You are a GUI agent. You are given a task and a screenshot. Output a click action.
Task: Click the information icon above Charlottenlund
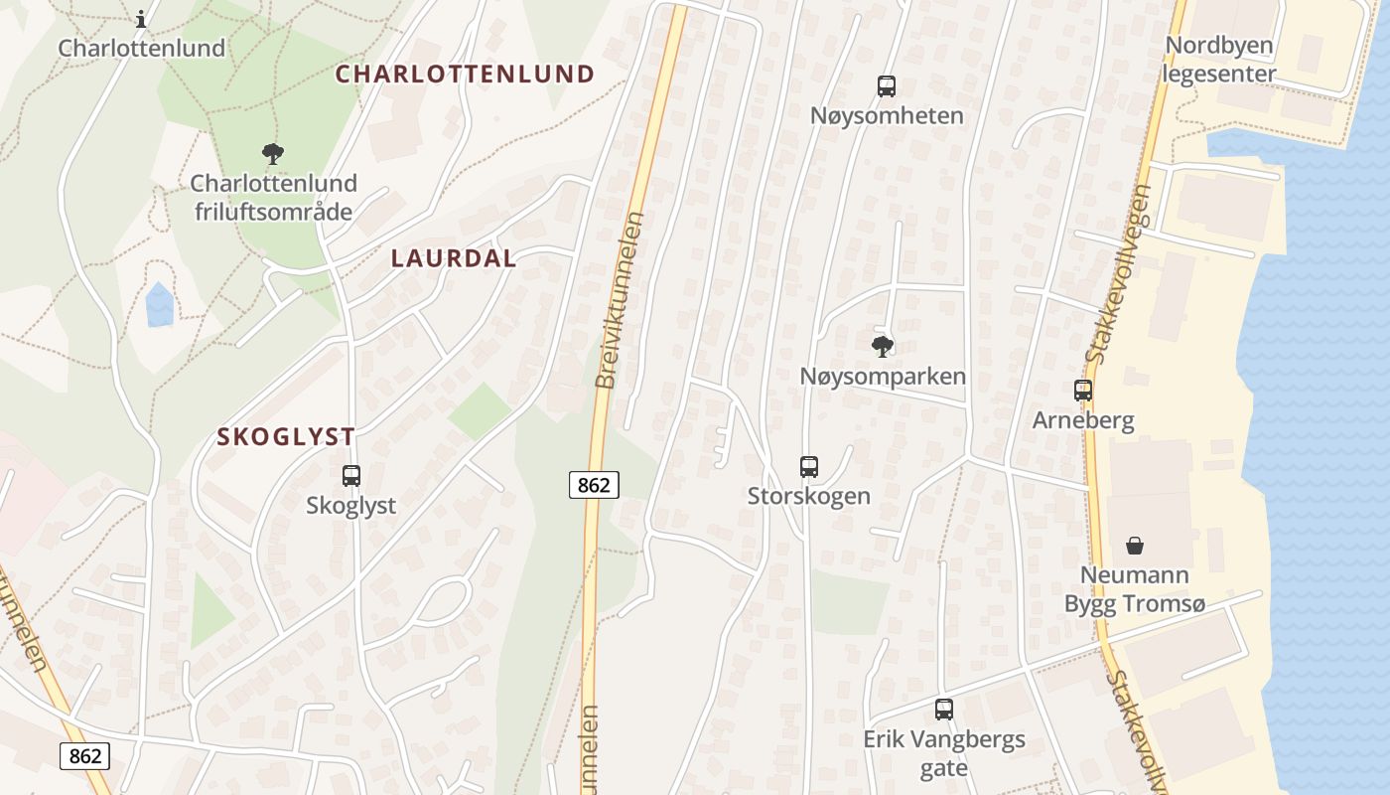click(x=141, y=18)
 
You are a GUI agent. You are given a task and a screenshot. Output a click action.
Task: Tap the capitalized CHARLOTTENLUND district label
click(x=465, y=74)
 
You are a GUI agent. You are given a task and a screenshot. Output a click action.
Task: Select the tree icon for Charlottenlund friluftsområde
click(x=273, y=154)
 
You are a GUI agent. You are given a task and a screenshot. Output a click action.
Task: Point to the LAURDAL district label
click(x=454, y=258)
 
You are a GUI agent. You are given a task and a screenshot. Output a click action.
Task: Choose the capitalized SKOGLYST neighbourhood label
click(x=286, y=436)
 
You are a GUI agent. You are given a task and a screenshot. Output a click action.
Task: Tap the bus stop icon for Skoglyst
click(x=351, y=476)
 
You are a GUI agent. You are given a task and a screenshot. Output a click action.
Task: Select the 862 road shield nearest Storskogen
click(x=594, y=485)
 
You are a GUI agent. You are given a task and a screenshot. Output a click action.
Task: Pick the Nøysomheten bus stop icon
click(x=887, y=86)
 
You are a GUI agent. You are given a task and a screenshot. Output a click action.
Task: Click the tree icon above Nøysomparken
click(x=882, y=346)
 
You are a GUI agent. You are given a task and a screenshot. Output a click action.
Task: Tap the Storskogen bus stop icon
click(x=809, y=466)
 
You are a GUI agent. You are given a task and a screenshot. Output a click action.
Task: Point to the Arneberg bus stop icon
click(x=1083, y=391)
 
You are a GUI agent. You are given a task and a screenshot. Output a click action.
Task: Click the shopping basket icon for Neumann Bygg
click(x=1135, y=546)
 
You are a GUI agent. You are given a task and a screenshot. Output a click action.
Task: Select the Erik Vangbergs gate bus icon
click(x=944, y=710)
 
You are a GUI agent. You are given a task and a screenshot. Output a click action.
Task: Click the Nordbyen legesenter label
click(x=1219, y=60)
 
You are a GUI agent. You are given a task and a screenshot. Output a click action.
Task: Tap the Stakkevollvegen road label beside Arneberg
click(x=1119, y=274)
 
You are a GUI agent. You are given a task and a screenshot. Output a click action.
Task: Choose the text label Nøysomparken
click(x=883, y=377)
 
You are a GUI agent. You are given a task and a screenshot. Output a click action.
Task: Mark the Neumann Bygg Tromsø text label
click(x=1134, y=589)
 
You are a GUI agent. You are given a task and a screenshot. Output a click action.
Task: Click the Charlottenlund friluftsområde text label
click(x=273, y=197)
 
